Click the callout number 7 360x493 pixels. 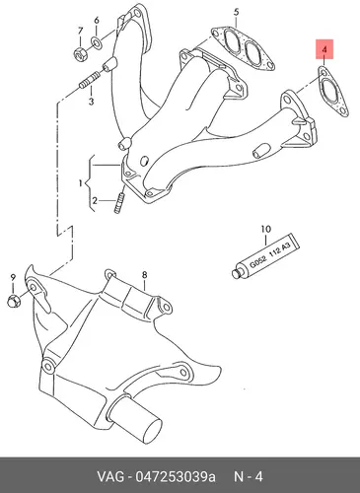[x=81, y=32]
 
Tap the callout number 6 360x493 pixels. [x=97, y=21]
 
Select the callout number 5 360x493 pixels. [x=237, y=13]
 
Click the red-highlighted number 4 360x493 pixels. [x=324, y=49]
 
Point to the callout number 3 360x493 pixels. [x=91, y=102]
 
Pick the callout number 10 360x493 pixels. [x=265, y=229]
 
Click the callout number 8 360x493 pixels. [x=144, y=275]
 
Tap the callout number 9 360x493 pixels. [x=13, y=277]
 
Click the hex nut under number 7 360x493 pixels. [x=80, y=54]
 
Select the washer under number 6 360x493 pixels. [x=97, y=41]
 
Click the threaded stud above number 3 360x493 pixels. [x=89, y=81]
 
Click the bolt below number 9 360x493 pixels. [x=14, y=301]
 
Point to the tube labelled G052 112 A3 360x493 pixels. [x=265, y=255]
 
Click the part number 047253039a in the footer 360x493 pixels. [x=176, y=476]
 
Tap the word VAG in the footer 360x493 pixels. [x=110, y=476]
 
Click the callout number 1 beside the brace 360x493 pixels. [x=80, y=183]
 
